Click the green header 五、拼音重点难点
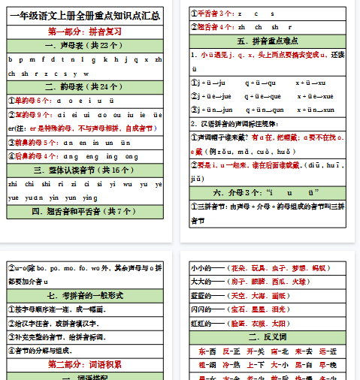268,41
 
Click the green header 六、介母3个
268,192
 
